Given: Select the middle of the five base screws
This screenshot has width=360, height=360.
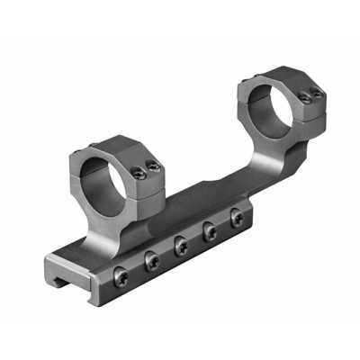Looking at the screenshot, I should [x=181, y=244].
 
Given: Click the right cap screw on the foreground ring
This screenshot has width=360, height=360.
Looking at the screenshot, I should [x=154, y=166].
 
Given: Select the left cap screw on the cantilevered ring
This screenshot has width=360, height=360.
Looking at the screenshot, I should [x=303, y=97].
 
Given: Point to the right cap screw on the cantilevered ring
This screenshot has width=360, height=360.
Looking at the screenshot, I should [x=316, y=93].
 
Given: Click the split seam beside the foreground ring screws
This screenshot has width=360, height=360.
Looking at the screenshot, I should [x=144, y=177].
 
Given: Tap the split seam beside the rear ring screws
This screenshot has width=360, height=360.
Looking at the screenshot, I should [x=309, y=103].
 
